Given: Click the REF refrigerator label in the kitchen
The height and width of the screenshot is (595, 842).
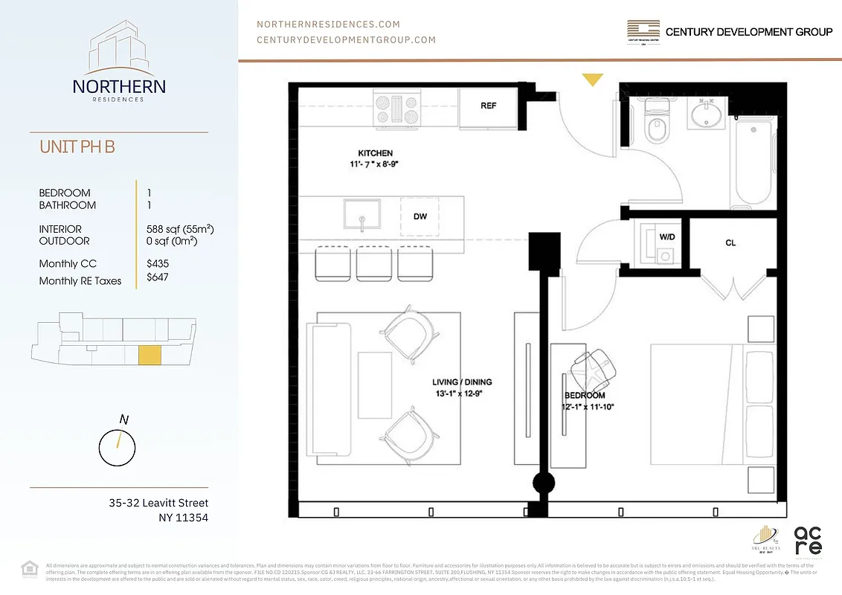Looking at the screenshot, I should pyautogui.click(x=488, y=106).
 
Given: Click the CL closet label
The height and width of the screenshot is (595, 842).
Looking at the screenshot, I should pyautogui.click(x=730, y=243).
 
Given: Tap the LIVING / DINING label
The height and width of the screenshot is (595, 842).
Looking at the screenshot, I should pyautogui.click(x=462, y=382).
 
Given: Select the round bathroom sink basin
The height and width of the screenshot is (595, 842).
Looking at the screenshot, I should pyautogui.click(x=704, y=115).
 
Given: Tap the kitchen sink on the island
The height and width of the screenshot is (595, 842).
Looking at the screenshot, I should pyautogui.click(x=361, y=214).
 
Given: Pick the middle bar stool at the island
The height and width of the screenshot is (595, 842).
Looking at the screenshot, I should pyautogui.click(x=374, y=263).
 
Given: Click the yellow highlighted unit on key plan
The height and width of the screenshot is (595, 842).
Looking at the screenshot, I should pyautogui.click(x=150, y=356).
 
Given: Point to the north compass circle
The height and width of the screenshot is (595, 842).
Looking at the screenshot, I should pyautogui.click(x=118, y=448).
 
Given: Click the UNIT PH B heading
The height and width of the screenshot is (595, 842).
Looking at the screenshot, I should pyautogui.click(x=77, y=147).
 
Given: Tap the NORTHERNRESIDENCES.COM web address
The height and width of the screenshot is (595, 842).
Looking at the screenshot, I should pyautogui.click(x=328, y=25).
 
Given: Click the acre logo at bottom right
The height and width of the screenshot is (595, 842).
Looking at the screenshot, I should pyautogui.click(x=809, y=541).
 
